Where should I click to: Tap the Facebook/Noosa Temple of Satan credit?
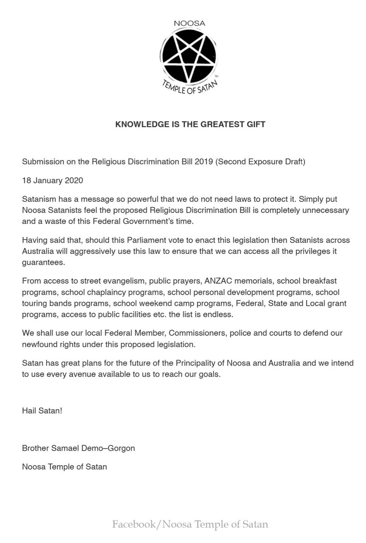190,525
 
